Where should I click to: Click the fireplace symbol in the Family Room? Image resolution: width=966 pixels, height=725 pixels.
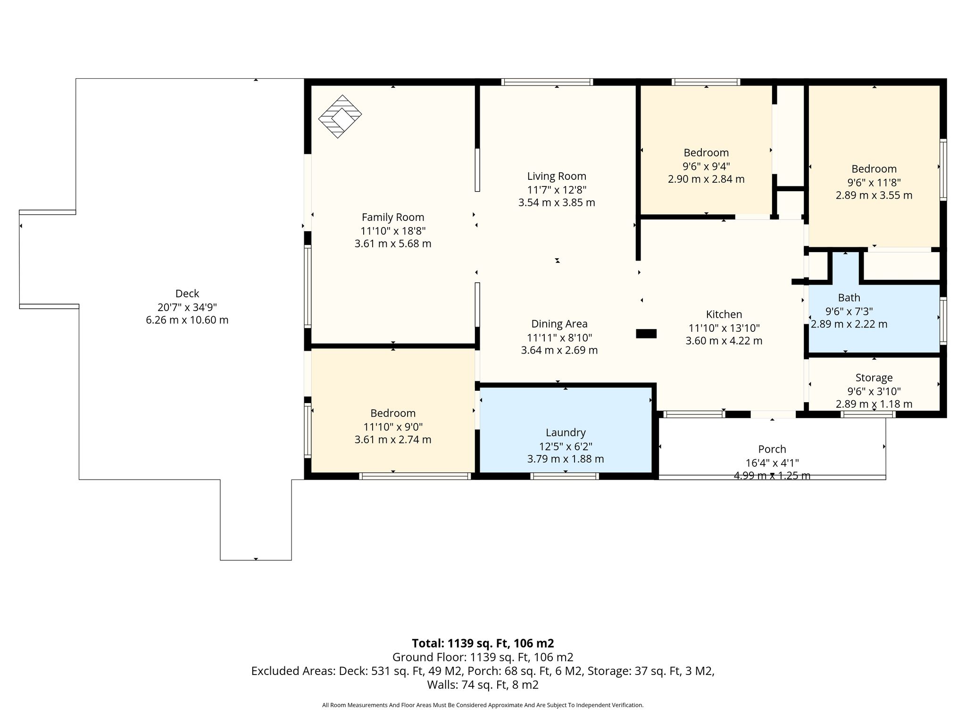pos(340,117)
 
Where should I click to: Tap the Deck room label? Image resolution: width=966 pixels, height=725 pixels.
pos(187,294)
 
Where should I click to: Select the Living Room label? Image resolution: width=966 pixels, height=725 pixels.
pos(557,177)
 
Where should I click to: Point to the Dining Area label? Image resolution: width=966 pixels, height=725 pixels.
pos(559,324)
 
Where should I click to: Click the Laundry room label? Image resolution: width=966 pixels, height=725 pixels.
pos(566,433)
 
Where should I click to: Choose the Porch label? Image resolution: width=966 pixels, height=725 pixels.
pos(772,449)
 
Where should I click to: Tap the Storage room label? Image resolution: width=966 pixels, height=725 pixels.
pos(874,378)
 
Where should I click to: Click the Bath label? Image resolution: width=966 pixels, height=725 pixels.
pos(849,298)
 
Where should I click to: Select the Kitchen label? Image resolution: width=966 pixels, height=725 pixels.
pos(724,314)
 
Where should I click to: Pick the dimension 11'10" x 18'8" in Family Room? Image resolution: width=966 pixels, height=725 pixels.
pos(393,231)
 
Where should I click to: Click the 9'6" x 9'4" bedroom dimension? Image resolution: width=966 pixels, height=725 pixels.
pos(706,166)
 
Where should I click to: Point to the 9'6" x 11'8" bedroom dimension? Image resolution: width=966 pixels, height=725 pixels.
pos(874,182)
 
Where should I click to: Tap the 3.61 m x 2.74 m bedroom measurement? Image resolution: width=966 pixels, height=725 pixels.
pos(393,439)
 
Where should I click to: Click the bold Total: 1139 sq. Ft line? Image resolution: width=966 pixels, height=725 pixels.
pos(483,643)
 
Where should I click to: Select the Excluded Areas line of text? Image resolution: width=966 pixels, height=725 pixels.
pos(483,671)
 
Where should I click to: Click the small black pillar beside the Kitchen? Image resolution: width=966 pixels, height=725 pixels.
pos(646,334)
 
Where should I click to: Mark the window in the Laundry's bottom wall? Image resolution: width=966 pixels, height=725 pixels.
pos(565,476)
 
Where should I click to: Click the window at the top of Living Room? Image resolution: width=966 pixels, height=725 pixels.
pos(547,82)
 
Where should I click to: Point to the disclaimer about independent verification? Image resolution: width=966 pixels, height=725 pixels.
pos(483,705)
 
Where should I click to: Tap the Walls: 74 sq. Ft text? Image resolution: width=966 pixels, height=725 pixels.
pos(483,684)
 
